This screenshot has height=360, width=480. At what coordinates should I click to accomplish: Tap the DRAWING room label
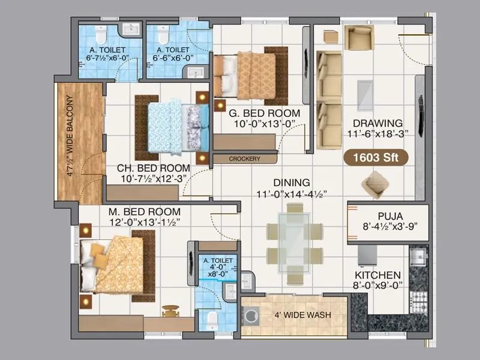[378, 123]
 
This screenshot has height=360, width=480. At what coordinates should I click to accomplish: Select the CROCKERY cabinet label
[245, 159]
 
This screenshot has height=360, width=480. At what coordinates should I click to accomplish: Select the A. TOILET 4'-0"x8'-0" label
[214, 266]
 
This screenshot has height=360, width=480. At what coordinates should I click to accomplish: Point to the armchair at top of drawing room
[359, 38]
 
